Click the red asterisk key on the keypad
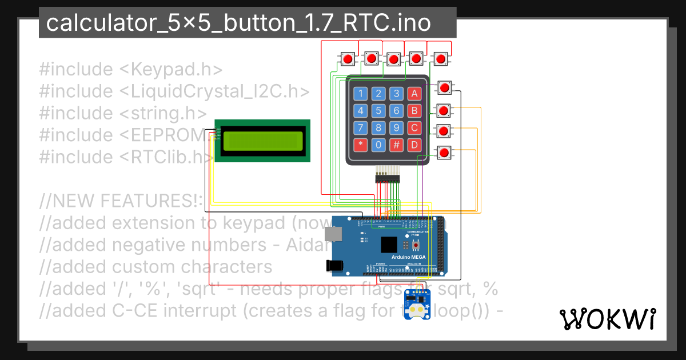tap(360, 145)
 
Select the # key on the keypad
tap(397, 145)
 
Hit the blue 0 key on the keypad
tap(378, 145)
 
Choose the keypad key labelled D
tap(415, 145)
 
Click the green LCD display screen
tap(262, 141)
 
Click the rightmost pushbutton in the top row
tap(440, 58)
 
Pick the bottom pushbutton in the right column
tap(444, 153)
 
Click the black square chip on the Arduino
tap(389, 245)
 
